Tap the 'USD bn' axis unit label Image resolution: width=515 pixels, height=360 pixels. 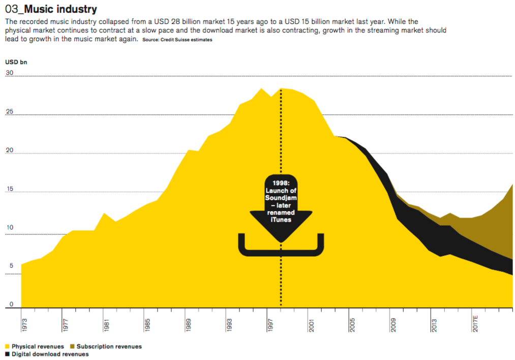click(x=16, y=62)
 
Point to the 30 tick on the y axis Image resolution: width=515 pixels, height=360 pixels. click(x=9, y=73)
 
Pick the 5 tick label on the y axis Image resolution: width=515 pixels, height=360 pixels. click(x=7, y=265)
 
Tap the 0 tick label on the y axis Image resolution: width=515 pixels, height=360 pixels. click(x=7, y=304)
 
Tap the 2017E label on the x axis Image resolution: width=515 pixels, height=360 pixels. click(x=476, y=323)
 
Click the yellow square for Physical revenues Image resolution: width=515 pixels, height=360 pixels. click(x=7, y=347)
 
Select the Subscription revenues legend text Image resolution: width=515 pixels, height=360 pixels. click(x=109, y=347)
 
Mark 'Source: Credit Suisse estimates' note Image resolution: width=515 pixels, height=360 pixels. click(x=177, y=40)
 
